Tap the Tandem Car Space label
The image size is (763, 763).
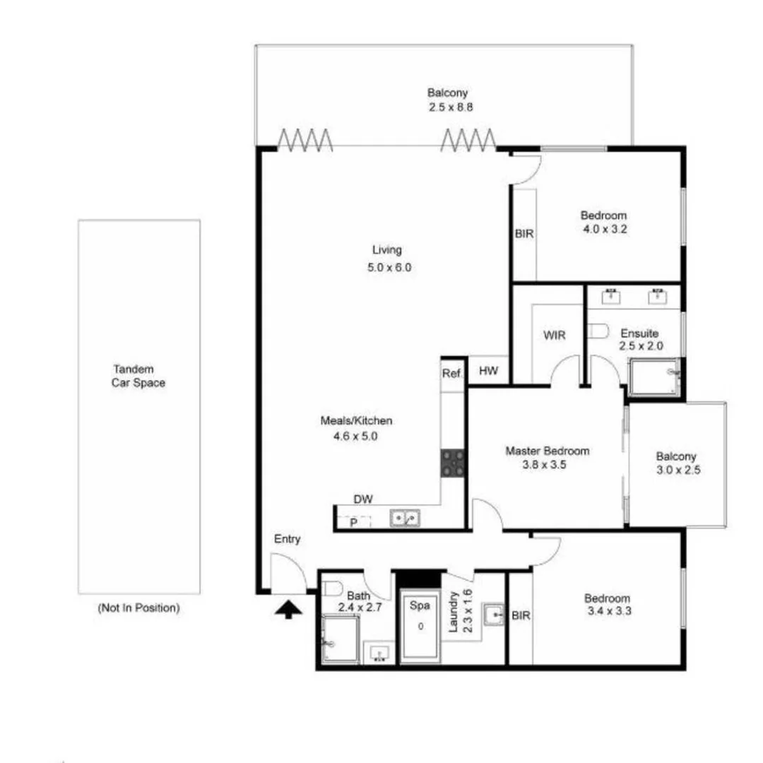click(138, 376)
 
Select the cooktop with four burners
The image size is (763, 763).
click(454, 463)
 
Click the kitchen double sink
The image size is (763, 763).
click(405, 519)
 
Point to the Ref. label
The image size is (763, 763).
click(451, 373)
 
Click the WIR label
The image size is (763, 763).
click(555, 336)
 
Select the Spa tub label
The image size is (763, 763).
click(421, 605)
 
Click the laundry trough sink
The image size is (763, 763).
click(494, 615)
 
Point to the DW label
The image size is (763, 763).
click(363, 499)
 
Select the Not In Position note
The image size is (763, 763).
click(138, 608)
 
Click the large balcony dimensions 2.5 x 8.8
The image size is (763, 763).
click(448, 107)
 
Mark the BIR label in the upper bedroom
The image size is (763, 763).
click(524, 233)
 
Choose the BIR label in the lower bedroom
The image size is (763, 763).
click(521, 615)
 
